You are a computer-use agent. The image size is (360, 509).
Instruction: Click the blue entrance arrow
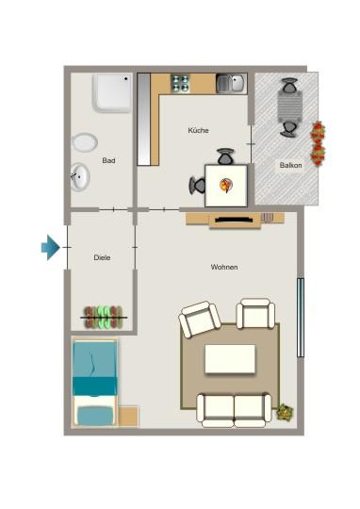coord(50,248)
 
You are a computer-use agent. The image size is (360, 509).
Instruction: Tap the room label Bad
coord(109,161)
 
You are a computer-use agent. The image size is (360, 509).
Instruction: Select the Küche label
coord(198,131)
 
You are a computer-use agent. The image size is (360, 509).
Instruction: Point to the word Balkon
coord(289,166)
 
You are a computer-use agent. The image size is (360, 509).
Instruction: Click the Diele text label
coord(103,256)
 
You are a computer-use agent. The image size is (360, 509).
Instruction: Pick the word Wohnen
coord(224,268)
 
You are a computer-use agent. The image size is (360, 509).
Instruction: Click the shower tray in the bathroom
coord(112,94)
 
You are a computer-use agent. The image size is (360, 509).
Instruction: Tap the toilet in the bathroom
coord(84,143)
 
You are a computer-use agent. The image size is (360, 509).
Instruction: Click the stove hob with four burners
coord(179,84)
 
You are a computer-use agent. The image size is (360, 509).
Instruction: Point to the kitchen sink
coord(230,84)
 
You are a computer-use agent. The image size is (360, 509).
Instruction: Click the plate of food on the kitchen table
coord(225,184)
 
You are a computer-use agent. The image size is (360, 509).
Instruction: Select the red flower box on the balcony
coord(319,143)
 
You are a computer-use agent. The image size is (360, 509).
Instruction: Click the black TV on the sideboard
coord(233,220)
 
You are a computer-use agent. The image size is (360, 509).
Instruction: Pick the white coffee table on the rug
coord(230,360)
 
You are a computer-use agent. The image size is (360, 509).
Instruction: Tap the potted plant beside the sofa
coord(284,412)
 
